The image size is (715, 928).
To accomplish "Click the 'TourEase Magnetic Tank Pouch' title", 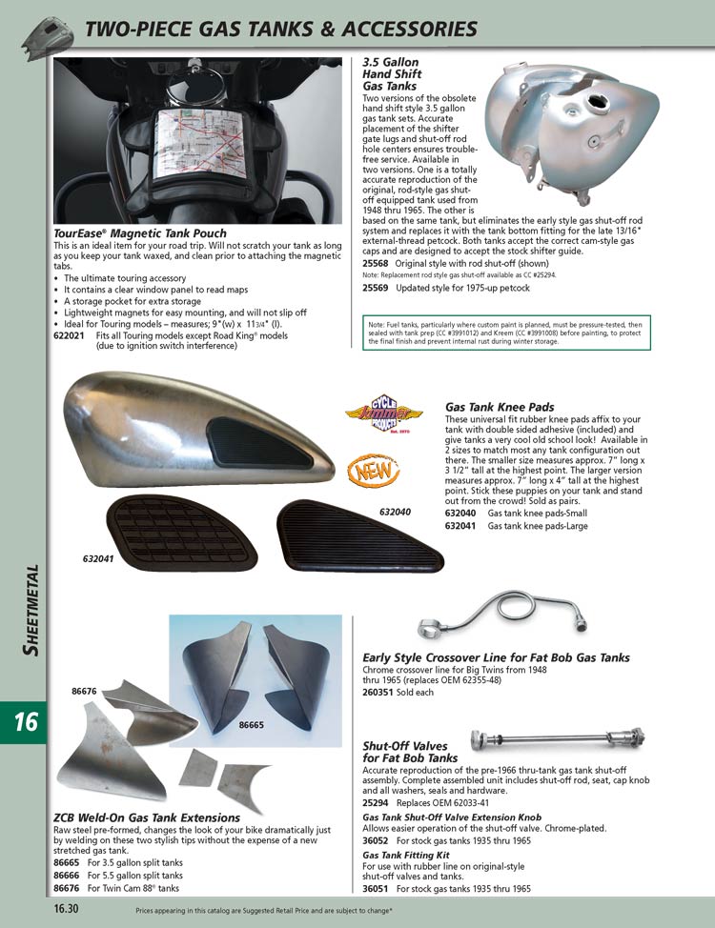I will pyautogui.click(x=140, y=233).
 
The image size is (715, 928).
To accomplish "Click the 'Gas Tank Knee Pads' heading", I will pyautogui.click(x=500, y=407).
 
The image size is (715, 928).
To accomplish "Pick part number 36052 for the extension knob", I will pyautogui.click(x=376, y=841).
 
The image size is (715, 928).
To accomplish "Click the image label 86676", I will pyautogui.click(x=87, y=690).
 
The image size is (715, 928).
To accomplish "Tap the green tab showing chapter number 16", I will pyautogui.click(x=24, y=721).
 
